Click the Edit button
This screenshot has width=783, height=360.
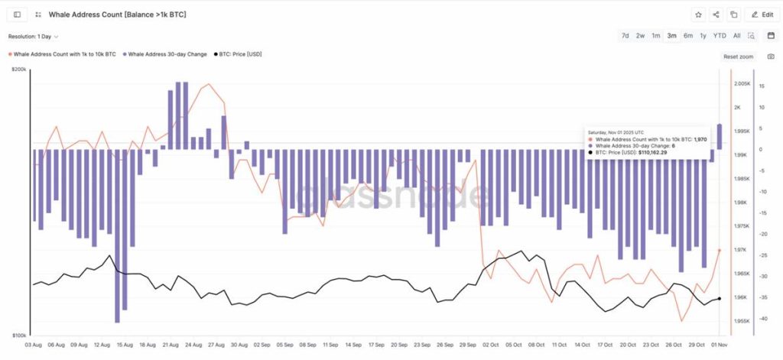point(762,15)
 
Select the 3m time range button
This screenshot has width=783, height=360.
point(671,36)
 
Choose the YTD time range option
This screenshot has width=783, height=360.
point(720,36)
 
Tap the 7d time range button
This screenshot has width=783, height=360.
point(625,36)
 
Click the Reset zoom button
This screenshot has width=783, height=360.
point(738,57)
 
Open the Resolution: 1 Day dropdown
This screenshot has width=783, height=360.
point(34,36)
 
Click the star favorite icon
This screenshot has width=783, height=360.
point(698,15)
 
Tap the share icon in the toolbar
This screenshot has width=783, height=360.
point(716,15)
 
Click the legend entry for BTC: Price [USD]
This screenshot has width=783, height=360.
point(240,54)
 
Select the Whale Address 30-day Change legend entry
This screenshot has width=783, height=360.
point(167,54)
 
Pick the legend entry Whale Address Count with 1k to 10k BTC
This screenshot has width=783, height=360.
point(64,54)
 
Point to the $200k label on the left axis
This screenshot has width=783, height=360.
point(18,70)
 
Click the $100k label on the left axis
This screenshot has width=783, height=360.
point(18,336)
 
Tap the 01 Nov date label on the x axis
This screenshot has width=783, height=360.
point(720,345)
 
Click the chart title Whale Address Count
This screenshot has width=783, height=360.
point(117,15)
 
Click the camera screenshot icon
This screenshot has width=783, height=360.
point(771,57)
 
